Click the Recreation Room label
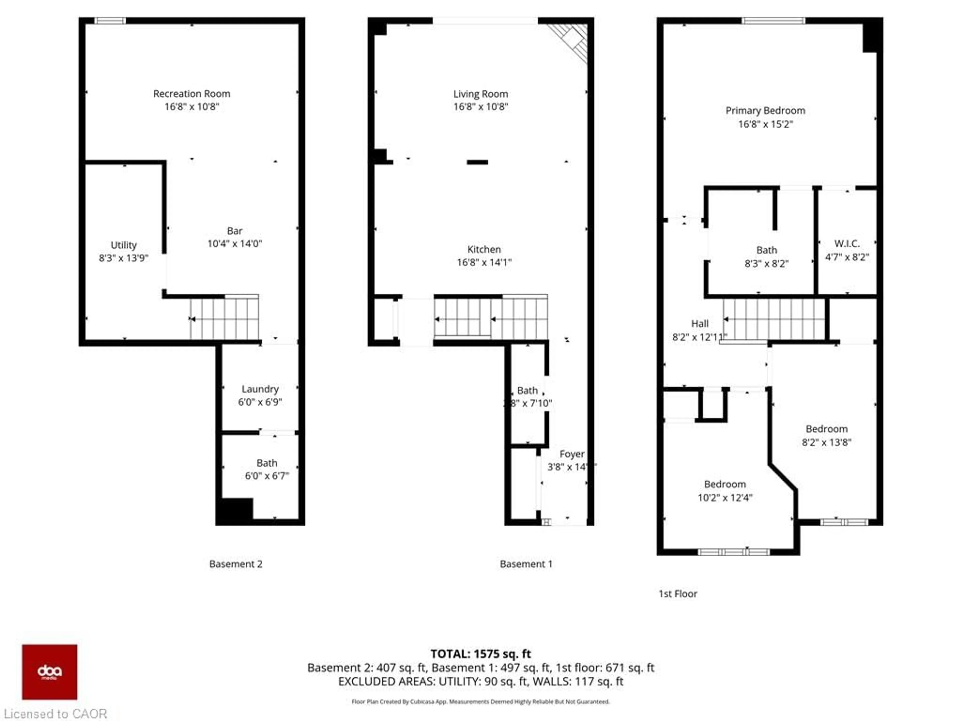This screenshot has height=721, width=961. (192, 93)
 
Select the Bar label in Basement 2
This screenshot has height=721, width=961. (234, 231)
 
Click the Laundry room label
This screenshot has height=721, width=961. (260, 389)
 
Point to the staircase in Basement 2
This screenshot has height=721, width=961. (225, 318)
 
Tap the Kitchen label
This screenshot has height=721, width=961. (484, 249)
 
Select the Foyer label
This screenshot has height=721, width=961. (572, 454)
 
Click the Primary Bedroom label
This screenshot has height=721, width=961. (765, 110)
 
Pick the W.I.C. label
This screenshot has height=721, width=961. (847, 243)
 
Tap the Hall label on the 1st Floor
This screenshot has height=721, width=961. (699, 323)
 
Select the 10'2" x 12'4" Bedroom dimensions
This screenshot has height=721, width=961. (725, 498)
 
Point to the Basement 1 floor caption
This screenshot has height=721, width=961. (526, 564)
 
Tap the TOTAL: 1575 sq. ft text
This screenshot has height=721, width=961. (480, 654)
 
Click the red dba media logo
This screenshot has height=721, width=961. (50, 672)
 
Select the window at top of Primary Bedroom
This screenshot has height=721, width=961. (773, 21)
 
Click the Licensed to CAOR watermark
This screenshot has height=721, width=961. (55, 713)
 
